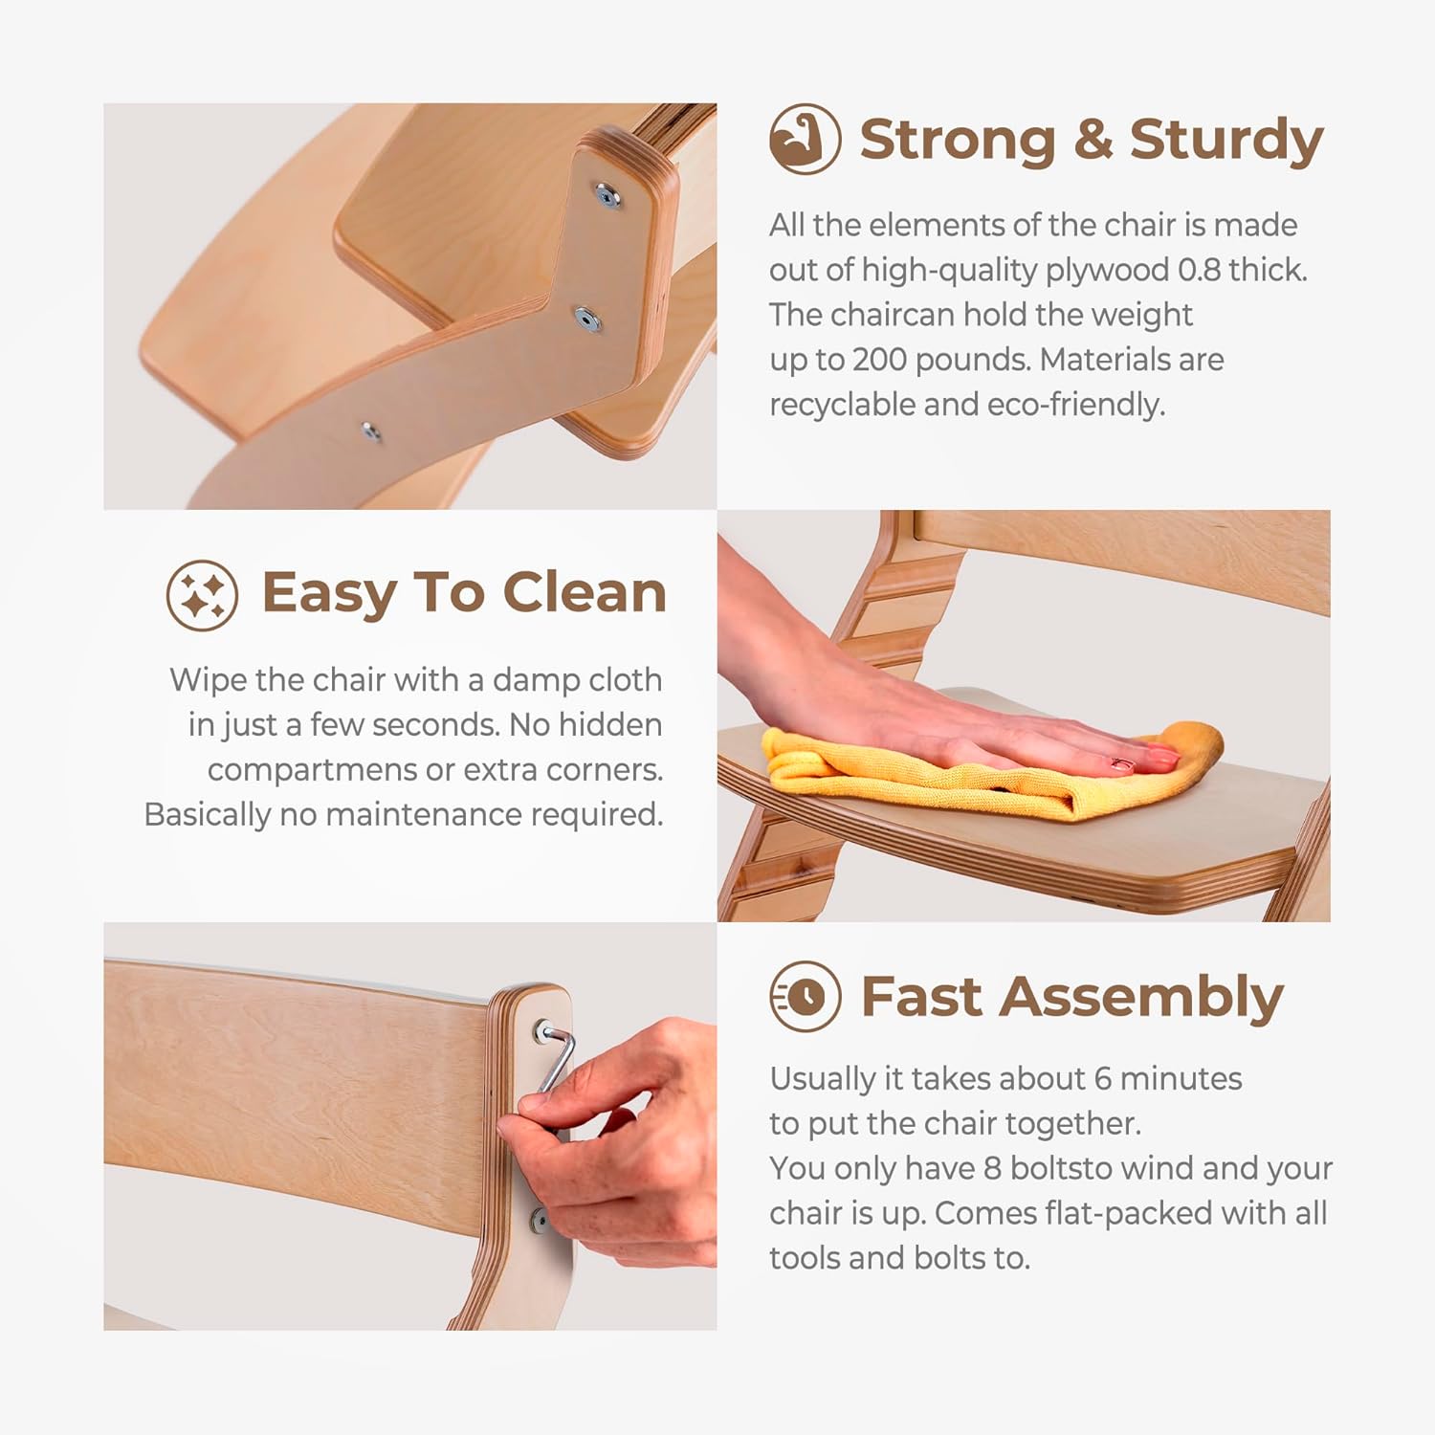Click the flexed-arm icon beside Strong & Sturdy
coord(805,139)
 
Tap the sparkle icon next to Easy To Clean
coord(202,595)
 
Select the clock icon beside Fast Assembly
coord(805,997)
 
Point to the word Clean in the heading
coord(585,592)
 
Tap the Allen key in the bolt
coord(555,1057)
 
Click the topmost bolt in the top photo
coord(607,197)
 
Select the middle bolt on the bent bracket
coord(585,318)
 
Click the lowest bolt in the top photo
coord(370,431)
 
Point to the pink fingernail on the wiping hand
coord(1122,763)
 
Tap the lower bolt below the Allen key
coord(539,1219)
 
